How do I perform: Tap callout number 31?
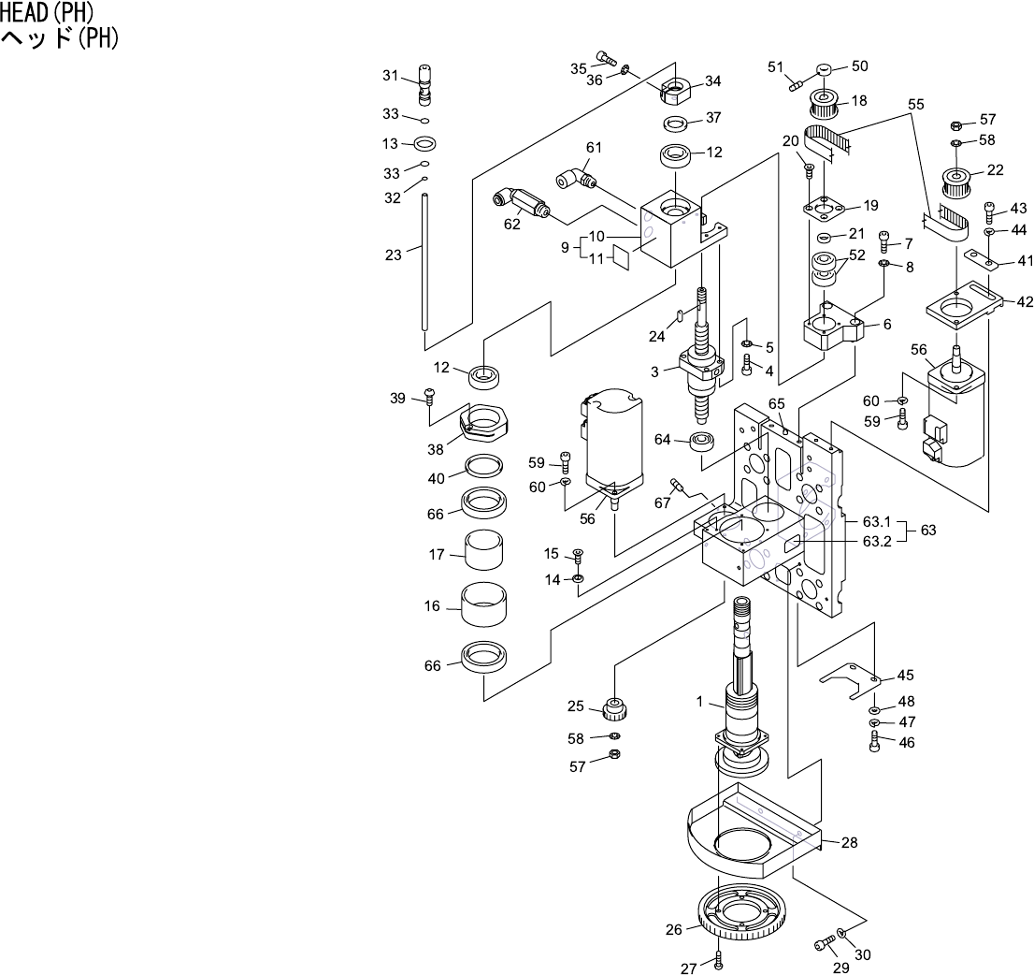[390, 76]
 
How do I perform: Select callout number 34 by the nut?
[712, 81]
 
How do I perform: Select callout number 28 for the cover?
[849, 842]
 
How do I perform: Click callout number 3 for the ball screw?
[655, 371]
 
